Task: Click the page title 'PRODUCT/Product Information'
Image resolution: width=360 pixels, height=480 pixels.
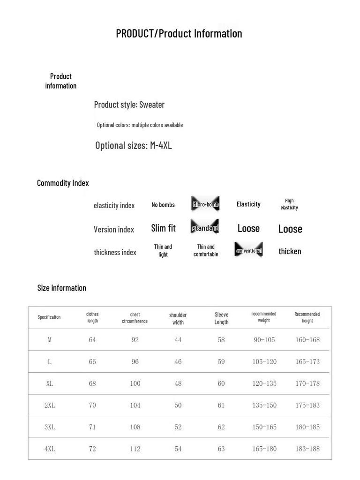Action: click(179, 34)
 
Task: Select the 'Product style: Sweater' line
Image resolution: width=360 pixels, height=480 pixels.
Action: click(129, 105)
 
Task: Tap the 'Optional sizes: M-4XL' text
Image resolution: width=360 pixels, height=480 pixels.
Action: click(134, 145)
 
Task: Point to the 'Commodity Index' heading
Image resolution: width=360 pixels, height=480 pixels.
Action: click(63, 183)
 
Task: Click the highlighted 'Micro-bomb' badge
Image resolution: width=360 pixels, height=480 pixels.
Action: click(205, 204)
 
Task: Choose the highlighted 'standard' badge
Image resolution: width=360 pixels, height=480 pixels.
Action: click(205, 228)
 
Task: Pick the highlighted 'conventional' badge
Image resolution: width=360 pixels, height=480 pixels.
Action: click(248, 250)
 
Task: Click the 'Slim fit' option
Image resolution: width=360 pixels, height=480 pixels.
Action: click(163, 228)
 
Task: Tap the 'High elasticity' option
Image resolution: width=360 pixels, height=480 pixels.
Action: click(289, 204)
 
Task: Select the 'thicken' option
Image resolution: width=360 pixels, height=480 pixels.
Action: click(290, 251)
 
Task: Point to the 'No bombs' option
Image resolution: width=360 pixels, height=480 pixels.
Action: click(163, 205)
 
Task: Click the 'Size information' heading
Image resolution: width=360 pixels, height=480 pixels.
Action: click(62, 288)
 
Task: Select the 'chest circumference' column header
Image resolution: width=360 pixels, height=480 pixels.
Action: click(135, 318)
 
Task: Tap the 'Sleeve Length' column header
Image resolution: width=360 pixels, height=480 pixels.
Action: click(221, 318)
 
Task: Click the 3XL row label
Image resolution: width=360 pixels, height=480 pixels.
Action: click(50, 427)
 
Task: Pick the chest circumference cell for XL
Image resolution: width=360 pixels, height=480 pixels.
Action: click(135, 383)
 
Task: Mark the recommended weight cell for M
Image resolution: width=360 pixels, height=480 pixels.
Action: click(264, 340)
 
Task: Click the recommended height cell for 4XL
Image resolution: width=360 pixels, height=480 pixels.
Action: click(307, 449)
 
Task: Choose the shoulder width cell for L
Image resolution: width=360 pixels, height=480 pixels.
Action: click(178, 361)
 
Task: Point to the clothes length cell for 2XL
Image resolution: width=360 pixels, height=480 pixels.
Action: click(92, 405)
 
